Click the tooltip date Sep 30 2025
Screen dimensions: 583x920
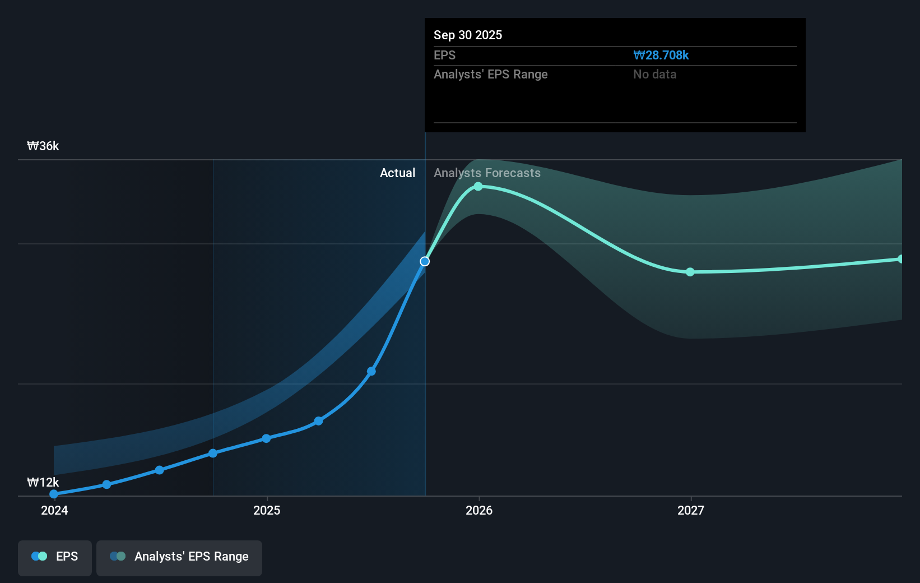(x=468, y=35)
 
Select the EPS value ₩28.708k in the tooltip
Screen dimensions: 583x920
(x=661, y=55)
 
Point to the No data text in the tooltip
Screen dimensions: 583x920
(x=654, y=74)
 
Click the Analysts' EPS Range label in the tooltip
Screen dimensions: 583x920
(x=490, y=74)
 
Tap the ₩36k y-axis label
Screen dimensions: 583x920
(x=43, y=146)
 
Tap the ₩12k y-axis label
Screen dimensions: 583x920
(x=43, y=482)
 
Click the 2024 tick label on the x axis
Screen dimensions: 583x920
(x=54, y=510)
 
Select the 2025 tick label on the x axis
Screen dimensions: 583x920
(x=267, y=510)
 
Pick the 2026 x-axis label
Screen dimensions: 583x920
(x=479, y=510)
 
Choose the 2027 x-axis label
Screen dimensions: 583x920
(x=691, y=510)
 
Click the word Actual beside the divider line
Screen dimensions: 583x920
(x=397, y=173)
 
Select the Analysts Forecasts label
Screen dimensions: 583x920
(x=487, y=173)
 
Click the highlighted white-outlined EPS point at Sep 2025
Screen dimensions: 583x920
(x=425, y=261)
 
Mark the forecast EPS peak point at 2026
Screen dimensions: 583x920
(x=478, y=186)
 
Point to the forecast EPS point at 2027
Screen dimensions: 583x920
(x=690, y=272)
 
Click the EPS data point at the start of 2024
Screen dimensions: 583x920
(x=54, y=494)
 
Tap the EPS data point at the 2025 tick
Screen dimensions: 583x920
(x=266, y=438)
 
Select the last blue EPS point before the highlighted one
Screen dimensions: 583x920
(x=371, y=371)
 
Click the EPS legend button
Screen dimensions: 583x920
(x=55, y=557)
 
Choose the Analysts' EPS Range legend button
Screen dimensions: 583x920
(x=179, y=557)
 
